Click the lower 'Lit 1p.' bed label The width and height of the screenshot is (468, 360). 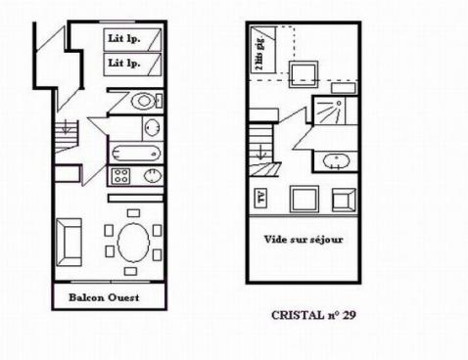pos(123,64)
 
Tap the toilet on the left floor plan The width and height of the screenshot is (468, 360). pos(144,101)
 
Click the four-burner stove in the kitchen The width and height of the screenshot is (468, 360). pos(122,177)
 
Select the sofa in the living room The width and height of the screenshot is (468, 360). pos(70,241)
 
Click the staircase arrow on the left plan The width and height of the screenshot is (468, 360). pos(64,128)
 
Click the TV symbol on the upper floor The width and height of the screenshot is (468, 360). pos(261,195)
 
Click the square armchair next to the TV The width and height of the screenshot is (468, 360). pos(302,200)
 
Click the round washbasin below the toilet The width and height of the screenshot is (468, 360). pos(152,127)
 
